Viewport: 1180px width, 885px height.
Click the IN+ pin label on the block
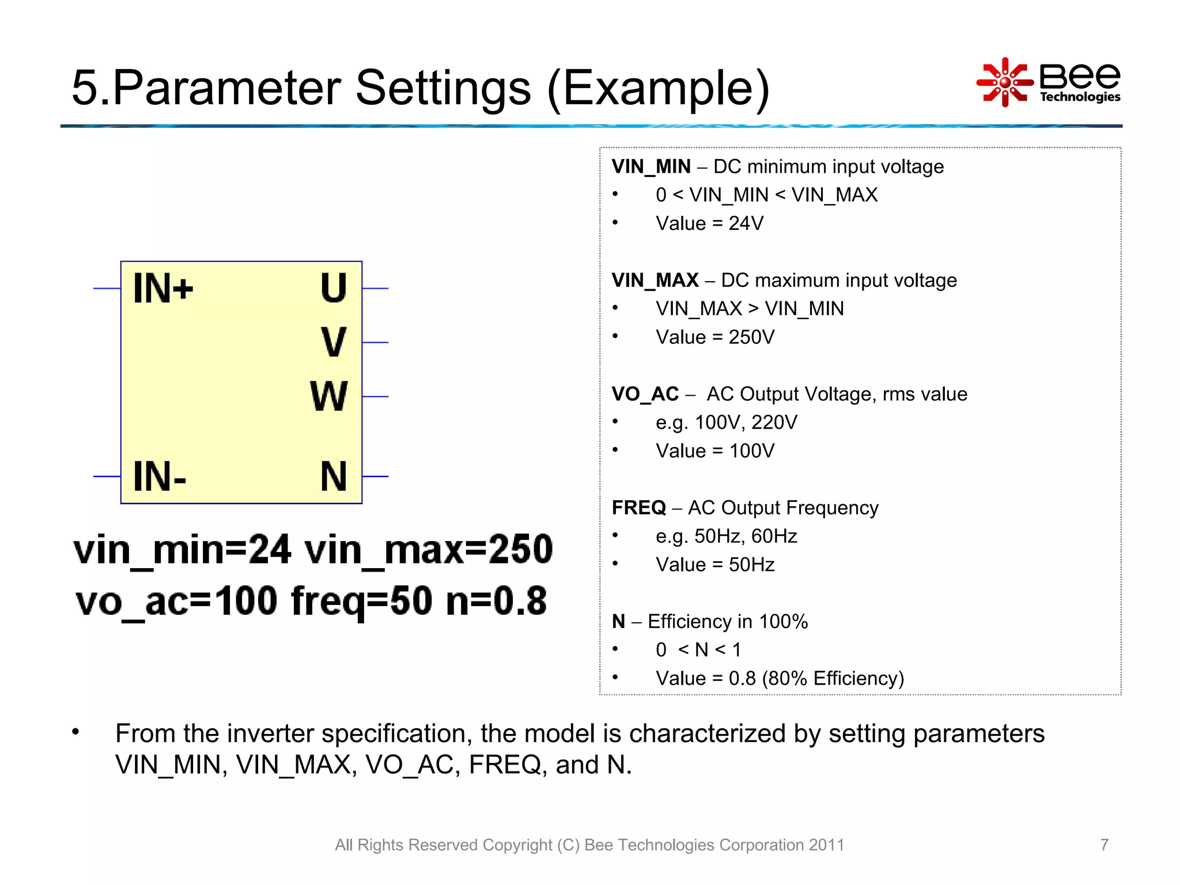(163, 288)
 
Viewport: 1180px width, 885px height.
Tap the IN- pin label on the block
(160, 476)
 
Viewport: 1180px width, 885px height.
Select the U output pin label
(334, 288)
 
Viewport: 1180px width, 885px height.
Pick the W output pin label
(329, 396)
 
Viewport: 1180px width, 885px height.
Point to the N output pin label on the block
(334, 476)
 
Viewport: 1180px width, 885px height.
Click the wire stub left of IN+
(107, 288)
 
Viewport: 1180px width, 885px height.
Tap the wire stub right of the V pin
(376, 342)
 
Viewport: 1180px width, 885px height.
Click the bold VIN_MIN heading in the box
(651, 167)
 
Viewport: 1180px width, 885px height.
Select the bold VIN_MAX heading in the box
(655, 281)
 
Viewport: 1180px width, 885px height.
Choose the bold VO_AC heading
(645, 394)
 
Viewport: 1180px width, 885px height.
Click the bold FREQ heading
(639, 508)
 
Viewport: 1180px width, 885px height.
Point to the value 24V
(746, 224)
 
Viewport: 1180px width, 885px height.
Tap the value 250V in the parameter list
(752, 337)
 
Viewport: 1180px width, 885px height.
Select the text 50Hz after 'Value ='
(752, 565)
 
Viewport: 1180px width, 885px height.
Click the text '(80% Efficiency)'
(833, 678)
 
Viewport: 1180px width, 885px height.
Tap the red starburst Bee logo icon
(1005, 82)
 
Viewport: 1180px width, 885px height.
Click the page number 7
(1104, 845)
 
